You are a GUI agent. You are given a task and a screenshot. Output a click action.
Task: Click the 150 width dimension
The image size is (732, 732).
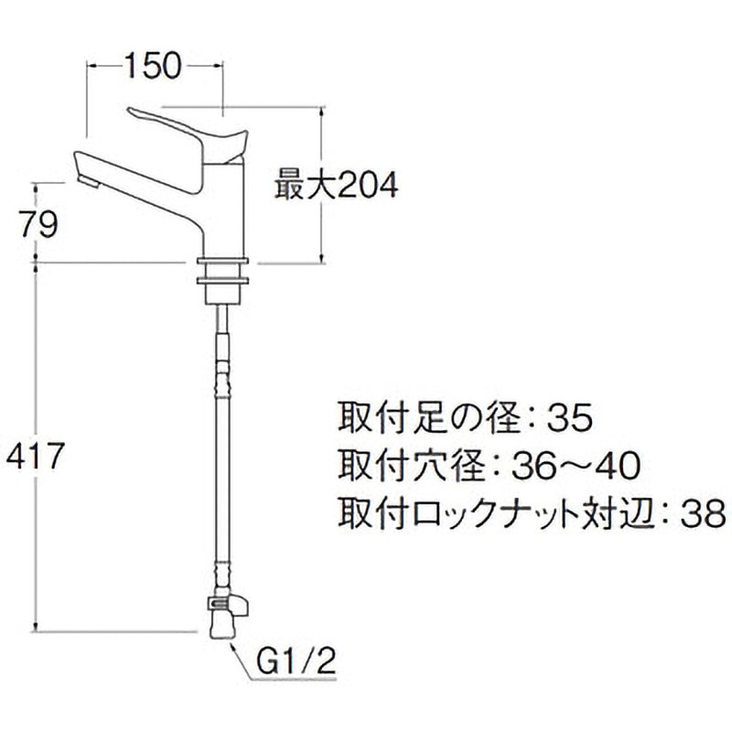coord(154,65)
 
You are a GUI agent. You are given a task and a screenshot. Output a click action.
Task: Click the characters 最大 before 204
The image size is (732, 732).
coord(301,187)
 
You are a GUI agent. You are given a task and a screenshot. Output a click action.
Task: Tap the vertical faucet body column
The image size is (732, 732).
coord(222,210)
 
